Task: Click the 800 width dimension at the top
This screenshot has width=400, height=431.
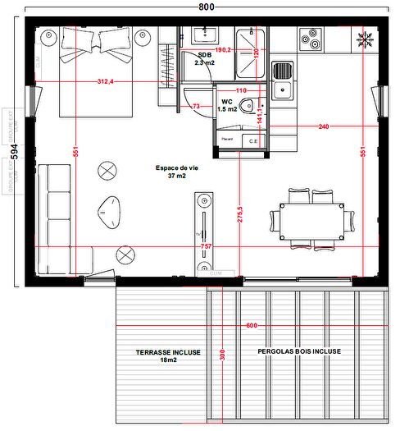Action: click(206, 7)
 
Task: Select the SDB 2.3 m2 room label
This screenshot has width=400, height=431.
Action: click(204, 58)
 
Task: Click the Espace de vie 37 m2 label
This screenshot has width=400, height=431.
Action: click(177, 171)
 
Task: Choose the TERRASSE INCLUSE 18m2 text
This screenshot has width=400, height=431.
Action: click(168, 355)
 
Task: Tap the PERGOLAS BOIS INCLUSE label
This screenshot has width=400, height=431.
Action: click(299, 351)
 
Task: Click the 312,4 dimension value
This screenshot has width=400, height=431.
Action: click(105, 81)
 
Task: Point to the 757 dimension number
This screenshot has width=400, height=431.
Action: click(206, 246)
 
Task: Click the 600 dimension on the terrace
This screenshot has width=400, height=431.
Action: click(251, 326)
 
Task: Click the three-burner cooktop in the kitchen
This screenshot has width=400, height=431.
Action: click(310, 38)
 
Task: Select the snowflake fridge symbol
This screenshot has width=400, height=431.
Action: click(364, 38)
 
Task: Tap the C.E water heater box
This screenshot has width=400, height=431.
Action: click(253, 141)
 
